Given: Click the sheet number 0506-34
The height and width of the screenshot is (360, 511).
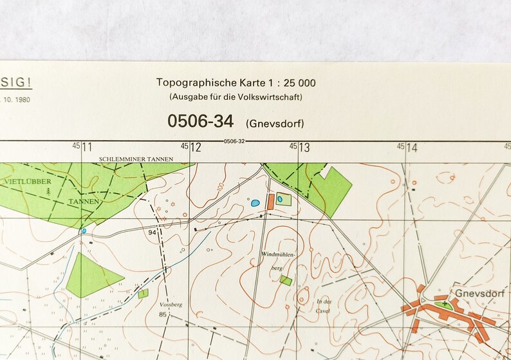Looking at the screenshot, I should pyautogui.click(x=200, y=120).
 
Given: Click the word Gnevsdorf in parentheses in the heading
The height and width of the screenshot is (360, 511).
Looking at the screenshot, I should pyautogui.click(x=275, y=123).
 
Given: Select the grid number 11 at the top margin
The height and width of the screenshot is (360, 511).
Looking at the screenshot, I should pyautogui.click(x=87, y=147).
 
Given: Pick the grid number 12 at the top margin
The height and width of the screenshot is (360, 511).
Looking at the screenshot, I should pyautogui.click(x=196, y=147).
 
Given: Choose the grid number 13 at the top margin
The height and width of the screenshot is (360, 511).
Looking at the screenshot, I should pyautogui.click(x=304, y=147).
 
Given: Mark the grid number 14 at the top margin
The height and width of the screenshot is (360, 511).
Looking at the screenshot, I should pyautogui.click(x=412, y=147).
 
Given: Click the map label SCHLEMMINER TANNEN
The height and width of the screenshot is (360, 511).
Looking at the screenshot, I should pyautogui.click(x=135, y=158).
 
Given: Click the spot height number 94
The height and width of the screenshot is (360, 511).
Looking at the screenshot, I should pyautogui.click(x=152, y=232).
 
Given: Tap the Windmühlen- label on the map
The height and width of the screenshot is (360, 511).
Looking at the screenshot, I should pyautogui.click(x=279, y=256).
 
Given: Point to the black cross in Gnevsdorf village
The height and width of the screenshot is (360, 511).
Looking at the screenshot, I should pyautogui.click(x=444, y=303).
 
